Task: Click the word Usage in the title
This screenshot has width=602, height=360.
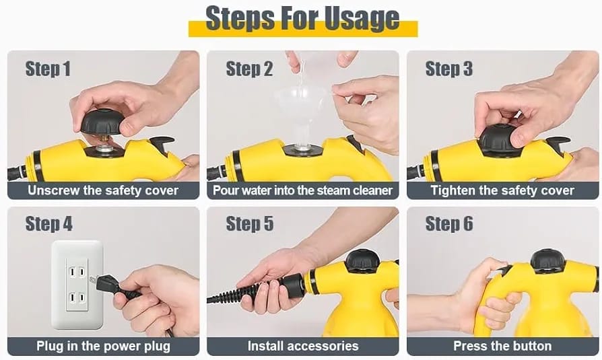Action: [362, 18]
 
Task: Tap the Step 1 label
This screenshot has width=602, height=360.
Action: [48, 69]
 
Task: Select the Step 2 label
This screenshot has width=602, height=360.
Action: [249, 69]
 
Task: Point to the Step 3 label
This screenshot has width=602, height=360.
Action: [449, 69]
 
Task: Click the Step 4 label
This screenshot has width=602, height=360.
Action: [48, 224]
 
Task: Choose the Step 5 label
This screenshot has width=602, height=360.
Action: [250, 224]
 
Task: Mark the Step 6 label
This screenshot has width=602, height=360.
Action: [449, 224]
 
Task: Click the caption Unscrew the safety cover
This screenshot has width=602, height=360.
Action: [103, 190]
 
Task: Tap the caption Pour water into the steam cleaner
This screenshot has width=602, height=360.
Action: [302, 190]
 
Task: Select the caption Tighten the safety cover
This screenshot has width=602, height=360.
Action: [502, 190]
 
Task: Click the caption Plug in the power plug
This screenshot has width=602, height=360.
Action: [103, 346]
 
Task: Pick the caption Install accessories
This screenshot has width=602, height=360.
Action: [303, 346]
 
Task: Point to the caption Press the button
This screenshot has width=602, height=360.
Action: [502, 346]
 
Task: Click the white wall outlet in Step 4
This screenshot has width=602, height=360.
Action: [77, 285]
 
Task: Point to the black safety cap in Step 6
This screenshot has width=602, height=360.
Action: [548, 260]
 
